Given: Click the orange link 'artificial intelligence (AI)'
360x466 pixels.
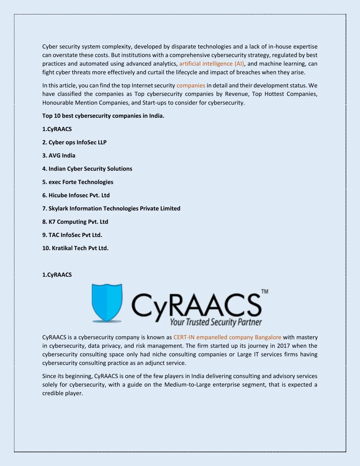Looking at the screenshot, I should click(x=211, y=64).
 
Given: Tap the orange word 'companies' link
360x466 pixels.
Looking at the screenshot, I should click(x=191, y=85).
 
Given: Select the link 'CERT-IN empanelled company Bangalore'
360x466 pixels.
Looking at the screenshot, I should click(x=227, y=337).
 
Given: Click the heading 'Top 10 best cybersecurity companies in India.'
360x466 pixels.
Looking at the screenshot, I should click(x=103, y=116).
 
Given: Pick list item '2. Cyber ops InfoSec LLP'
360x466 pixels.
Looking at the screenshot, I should click(x=74, y=142).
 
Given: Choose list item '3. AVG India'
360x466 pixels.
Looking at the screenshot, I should click(x=59, y=155).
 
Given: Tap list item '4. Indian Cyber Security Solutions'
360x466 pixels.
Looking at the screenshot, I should click(x=87, y=169).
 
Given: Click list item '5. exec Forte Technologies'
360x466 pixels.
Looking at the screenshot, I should click(x=78, y=182).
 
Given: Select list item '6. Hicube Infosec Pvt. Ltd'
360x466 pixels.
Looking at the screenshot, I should click(x=76, y=195).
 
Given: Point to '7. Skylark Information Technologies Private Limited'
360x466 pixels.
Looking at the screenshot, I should click(x=111, y=209).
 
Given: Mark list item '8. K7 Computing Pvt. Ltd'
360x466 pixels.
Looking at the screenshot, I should click(x=75, y=222).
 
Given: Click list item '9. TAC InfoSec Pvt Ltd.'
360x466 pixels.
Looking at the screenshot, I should click(x=72, y=235).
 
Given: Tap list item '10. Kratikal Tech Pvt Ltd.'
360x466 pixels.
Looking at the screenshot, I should click(x=75, y=248).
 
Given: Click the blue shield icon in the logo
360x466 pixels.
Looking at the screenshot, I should click(x=107, y=302).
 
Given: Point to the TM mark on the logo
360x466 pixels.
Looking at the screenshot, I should click(x=265, y=292).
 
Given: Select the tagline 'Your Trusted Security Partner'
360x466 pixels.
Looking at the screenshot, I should click(x=216, y=322).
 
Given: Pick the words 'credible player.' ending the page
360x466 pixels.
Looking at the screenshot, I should click(x=63, y=393).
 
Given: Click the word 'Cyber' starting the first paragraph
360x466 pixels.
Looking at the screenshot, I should click(x=50, y=46).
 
